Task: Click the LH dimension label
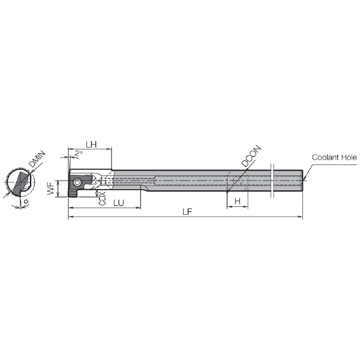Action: pos(91,145)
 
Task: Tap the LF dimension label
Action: pos(187,212)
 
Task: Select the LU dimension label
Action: pos(119,203)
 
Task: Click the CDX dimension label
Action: pos(103,199)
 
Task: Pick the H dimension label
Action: pos(238,202)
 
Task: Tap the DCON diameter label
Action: pos(251,155)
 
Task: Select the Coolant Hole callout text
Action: pos(334,157)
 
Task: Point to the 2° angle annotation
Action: pos(79,154)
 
